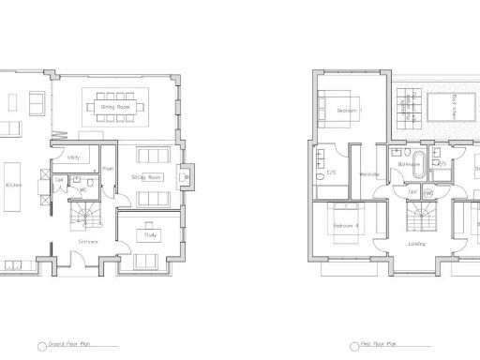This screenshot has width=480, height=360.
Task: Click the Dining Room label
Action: (x=114, y=107)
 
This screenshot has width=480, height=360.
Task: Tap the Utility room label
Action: (x=60, y=158)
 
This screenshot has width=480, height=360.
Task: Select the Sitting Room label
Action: (x=149, y=176)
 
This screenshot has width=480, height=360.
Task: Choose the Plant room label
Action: (x=108, y=170)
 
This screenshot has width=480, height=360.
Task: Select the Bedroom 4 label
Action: (x=346, y=227)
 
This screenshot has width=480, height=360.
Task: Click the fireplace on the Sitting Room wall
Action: (x=187, y=174)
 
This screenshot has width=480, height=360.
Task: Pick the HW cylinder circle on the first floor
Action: (x=428, y=192)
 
